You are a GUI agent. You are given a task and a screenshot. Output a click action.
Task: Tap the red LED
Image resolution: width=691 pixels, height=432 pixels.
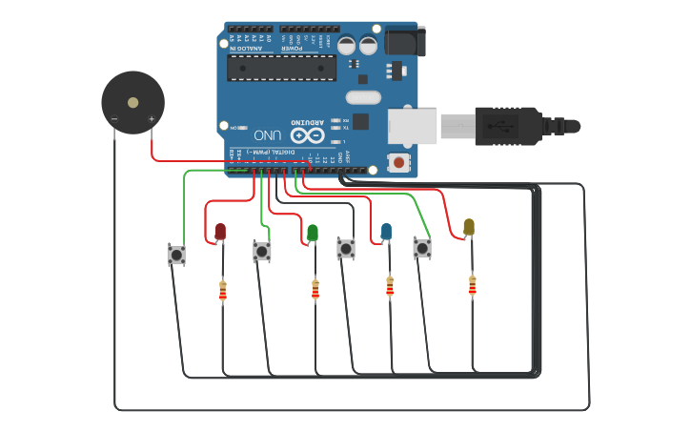(x=220, y=231)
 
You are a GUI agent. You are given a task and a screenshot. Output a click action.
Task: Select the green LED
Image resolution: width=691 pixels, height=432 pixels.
(x=313, y=232)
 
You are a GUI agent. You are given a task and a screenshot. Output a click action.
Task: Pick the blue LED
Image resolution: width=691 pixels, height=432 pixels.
(x=386, y=231)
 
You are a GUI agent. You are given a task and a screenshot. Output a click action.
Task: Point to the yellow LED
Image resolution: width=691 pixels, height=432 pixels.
(x=468, y=226)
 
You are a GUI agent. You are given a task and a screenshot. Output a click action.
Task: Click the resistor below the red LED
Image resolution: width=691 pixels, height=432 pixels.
(x=223, y=291)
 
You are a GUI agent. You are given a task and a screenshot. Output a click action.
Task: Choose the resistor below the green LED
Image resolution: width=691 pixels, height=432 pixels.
(x=315, y=290)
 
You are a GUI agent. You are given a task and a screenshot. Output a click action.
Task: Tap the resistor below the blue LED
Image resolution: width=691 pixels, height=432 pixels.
(x=390, y=286)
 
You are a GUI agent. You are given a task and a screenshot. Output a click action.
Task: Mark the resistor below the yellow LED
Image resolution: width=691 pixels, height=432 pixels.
(x=472, y=285)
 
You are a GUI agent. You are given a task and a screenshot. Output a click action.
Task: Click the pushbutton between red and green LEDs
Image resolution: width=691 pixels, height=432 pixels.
(x=262, y=252)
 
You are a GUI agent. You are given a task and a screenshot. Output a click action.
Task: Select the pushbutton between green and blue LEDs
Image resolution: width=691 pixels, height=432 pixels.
(x=346, y=249)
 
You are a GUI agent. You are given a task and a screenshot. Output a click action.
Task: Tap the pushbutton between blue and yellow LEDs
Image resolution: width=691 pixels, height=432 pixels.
(x=422, y=248)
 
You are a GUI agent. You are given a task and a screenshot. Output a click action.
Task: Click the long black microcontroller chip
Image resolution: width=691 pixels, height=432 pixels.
(x=281, y=68)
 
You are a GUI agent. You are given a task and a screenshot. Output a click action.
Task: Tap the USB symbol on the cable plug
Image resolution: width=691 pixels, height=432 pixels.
(x=498, y=126)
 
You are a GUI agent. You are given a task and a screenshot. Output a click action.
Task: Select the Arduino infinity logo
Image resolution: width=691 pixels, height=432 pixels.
(x=307, y=134)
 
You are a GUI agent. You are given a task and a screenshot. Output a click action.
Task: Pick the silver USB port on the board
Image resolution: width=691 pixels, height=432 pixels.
(x=412, y=126)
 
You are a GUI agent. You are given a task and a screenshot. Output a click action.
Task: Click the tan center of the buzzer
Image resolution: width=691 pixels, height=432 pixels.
(x=132, y=102)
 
